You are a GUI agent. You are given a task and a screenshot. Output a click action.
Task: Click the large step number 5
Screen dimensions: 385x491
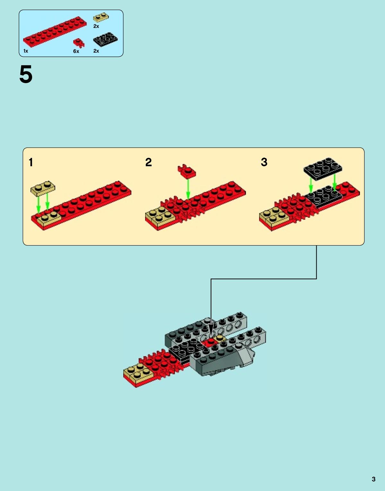tap(26, 74)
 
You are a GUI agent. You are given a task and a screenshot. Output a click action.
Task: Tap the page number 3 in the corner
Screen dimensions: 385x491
tap(373, 479)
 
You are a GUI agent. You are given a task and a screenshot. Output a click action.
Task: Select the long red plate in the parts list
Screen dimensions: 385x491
tap(55, 32)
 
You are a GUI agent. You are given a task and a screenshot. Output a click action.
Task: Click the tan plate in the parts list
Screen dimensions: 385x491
tap(101, 17)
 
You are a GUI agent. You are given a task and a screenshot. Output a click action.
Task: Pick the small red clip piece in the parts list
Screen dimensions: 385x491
tap(79, 43)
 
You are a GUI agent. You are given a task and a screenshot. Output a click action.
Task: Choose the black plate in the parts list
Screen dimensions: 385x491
tap(105, 40)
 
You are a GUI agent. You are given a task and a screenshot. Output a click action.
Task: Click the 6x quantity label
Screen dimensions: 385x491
tap(76, 51)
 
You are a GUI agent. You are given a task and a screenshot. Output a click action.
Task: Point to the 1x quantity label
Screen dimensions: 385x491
tap(26, 51)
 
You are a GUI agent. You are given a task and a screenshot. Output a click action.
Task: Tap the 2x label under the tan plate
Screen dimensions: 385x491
tap(96, 26)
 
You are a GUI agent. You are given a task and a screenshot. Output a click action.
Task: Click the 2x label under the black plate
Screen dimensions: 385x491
tap(96, 51)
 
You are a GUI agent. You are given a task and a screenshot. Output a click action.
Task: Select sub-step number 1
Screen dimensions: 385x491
tap(31, 162)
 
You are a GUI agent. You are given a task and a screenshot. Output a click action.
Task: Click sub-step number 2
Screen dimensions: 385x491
tap(149, 162)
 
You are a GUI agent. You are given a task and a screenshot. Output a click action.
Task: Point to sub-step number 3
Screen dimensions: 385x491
tap(264, 162)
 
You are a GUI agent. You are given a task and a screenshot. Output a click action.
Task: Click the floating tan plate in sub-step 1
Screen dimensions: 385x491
tap(43, 188)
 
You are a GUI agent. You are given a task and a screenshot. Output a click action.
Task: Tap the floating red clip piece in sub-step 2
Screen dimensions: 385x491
tap(187, 171)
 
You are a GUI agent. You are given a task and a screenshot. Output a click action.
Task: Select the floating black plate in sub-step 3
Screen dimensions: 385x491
tap(323, 169)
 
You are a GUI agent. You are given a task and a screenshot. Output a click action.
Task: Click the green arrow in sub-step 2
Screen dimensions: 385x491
tap(188, 189)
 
